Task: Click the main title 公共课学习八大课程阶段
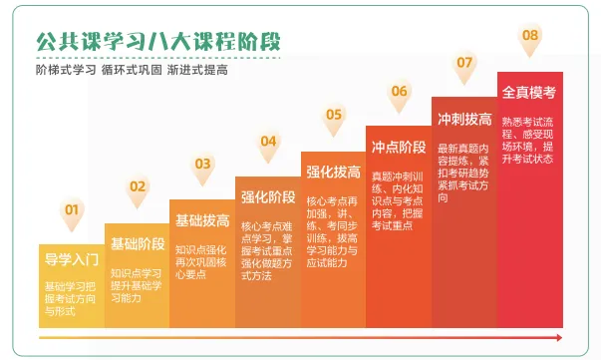click(156, 42)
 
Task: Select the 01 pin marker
click(72, 210)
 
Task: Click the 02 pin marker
click(137, 186)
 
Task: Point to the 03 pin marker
click(202, 164)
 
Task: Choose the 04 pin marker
click(268, 141)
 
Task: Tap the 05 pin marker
click(334, 116)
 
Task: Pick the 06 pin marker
click(400, 92)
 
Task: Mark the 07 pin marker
click(464, 63)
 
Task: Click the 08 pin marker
click(530, 37)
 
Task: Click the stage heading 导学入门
click(72, 261)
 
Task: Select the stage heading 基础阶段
click(137, 243)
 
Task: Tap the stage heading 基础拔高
click(202, 220)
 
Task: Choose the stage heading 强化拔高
click(334, 172)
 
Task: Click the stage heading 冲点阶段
click(399, 148)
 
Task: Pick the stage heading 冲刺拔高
click(464, 120)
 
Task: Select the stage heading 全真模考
click(529, 92)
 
